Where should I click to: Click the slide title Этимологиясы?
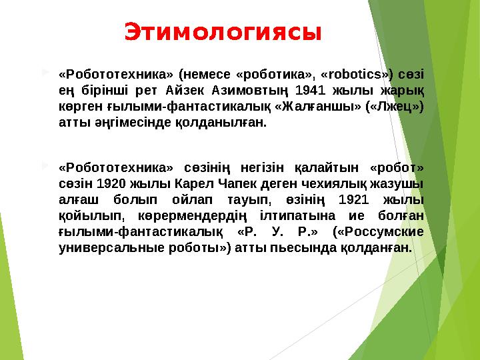pyautogui.click(x=223, y=32)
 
